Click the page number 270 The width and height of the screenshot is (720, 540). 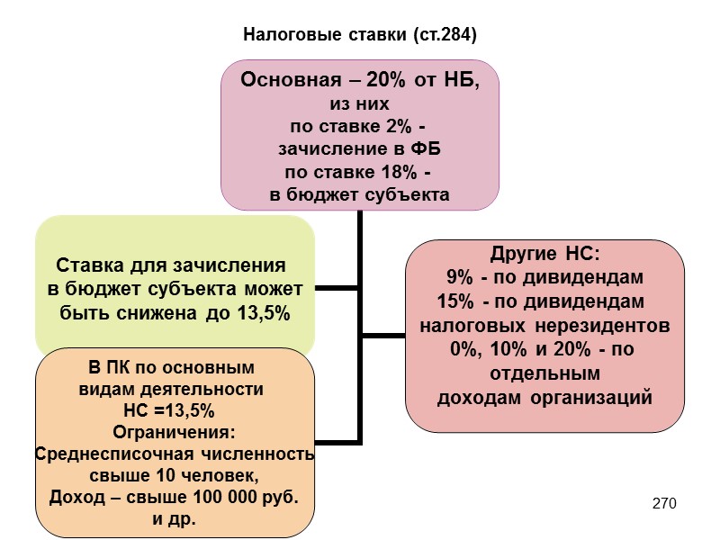point(664,501)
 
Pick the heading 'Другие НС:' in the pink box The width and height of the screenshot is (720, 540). point(544,252)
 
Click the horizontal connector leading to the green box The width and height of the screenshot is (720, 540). point(337,289)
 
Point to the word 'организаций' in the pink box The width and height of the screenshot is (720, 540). point(595,397)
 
